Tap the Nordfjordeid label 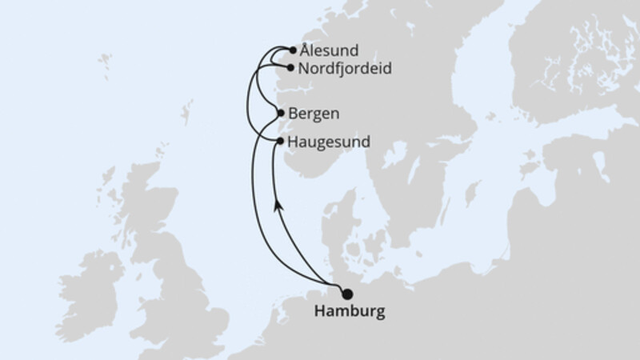coord(344,69)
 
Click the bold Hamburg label coord(350,310)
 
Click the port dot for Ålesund coord(293,50)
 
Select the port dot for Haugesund coord(280,141)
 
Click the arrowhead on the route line coord(278,206)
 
